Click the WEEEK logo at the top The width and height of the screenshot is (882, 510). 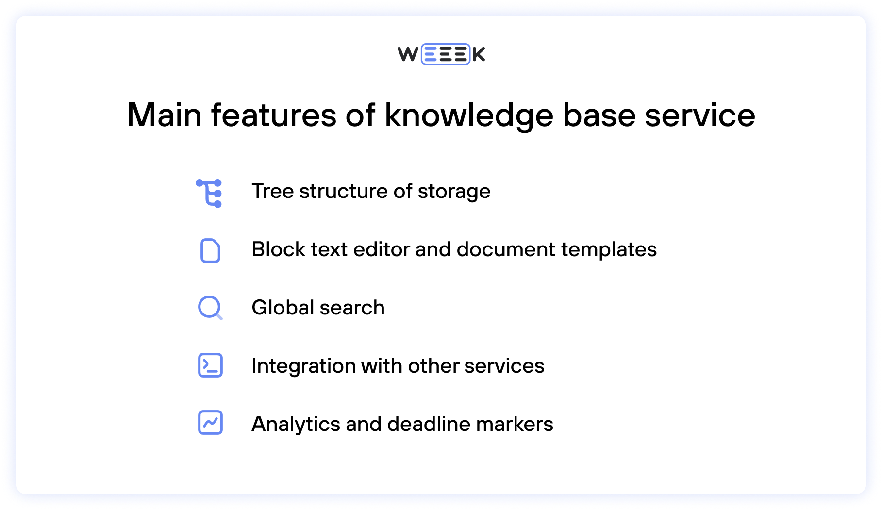pyautogui.click(x=441, y=54)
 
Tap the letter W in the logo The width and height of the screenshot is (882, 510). pyautogui.click(x=408, y=54)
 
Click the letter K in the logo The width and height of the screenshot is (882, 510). pyautogui.click(x=479, y=54)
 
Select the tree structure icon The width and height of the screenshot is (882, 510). pyautogui.click(x=210, y=193)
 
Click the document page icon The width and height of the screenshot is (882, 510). pyautogui.click(x=210, y=251)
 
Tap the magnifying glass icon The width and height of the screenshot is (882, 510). pyautogui.click(x=210, y=308)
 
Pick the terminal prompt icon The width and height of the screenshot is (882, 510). pyautogui.click(x=210, y=365)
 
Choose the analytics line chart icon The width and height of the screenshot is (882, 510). pyautogui.click(x=210, y=423)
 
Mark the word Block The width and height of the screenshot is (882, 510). pyautogui.click(x=279, y=249)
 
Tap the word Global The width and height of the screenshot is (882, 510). pyautogui.click(x=283, y=308)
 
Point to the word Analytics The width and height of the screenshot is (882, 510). pyautogui.click(x=296, y=425)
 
